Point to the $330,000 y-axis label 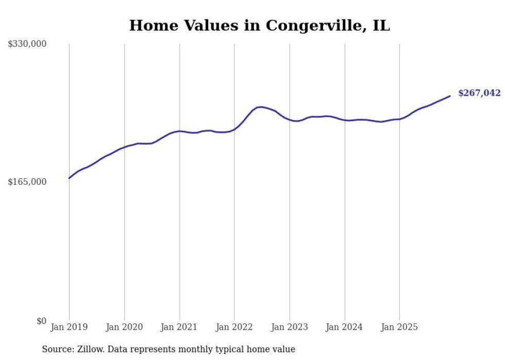point(27,44)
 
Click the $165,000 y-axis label point(27,182)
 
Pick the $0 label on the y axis point(42,321)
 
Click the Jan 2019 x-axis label point(69,327)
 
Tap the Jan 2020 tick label point(124,327)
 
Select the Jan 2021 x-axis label point(179,327)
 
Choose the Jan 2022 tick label point(234,327)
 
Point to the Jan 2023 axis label point(290,327)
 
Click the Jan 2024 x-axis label point(345,327)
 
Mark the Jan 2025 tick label point(400,327)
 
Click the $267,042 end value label point(479,93)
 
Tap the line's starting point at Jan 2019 point(69,178)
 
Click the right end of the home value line point(450,96)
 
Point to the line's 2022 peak point(262,107)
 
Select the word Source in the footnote point(57,349)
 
